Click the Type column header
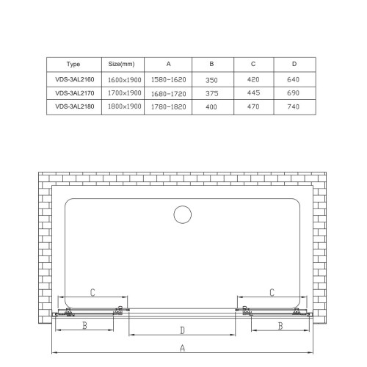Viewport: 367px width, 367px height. [x=73, y=64]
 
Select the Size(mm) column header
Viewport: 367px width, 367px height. [x=121, y=64]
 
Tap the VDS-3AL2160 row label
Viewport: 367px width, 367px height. [x=75, y=79]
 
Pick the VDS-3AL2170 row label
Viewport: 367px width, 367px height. [x=75, y=93]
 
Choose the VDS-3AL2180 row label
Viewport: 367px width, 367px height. [x=75, y=106]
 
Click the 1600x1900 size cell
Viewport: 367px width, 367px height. [x=125, y=80]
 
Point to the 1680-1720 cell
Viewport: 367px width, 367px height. [x=169, y=94]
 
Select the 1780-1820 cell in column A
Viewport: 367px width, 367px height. [x=169, y=107]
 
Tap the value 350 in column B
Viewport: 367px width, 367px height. [x=211, y=80]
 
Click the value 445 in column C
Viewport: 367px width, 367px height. [x=253, y=92]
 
